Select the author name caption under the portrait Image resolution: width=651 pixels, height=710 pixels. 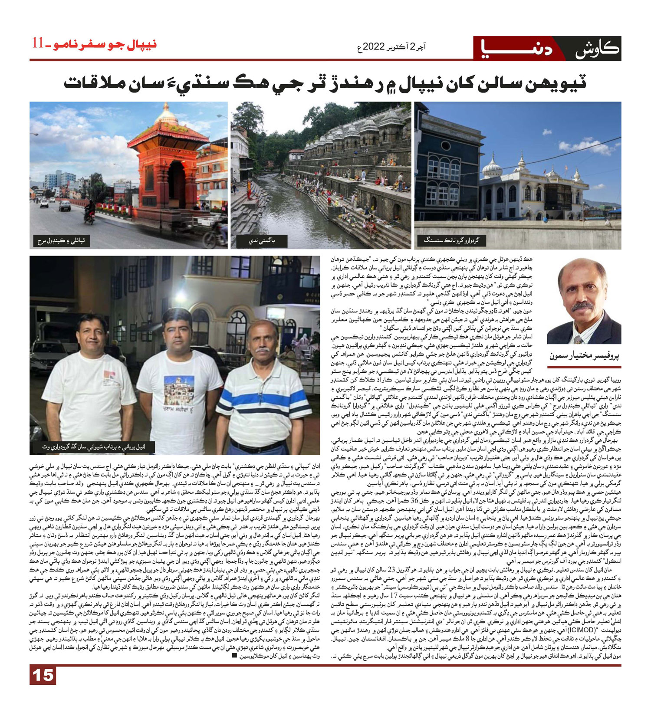(x=584, y=356)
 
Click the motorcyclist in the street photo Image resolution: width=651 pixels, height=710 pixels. (x=90, y=212)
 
